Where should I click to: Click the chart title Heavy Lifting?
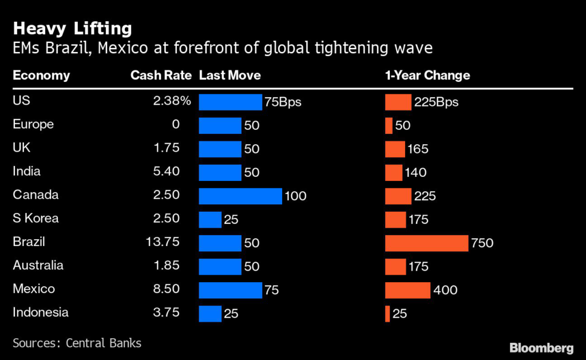(73, 29)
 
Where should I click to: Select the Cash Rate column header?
(161, 76)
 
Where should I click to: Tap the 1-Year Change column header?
(427, 76)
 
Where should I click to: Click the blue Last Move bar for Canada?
(240, 196)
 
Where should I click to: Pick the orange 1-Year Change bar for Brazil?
(426, 243)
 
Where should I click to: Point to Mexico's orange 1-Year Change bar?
(407, 290)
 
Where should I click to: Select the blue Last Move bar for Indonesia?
(210, 314)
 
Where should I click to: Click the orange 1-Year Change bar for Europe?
(389, 125)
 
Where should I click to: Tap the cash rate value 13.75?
(163, 242)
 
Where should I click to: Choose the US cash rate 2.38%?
(172, 101)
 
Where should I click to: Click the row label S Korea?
(35, 218)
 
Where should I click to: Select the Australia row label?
(38, 266)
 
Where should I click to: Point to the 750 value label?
(482, 243)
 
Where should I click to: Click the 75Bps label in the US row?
(283, 102)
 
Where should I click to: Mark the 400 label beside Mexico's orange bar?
(445, 290)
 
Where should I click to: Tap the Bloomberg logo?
(541, 348)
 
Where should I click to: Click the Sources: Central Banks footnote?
(77, 343)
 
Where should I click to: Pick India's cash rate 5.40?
(167, 171)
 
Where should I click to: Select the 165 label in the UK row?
(418, 149)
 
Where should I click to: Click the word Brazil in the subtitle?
(69, 48)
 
